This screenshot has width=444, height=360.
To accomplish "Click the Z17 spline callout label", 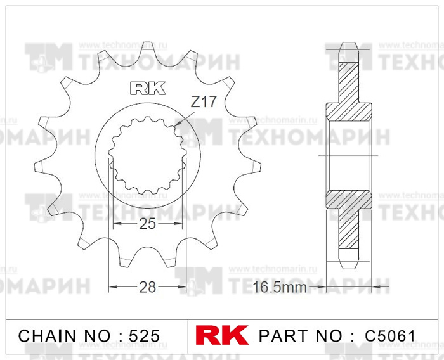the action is (204, 102).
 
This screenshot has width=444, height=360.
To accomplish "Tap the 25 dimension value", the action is (148, 224).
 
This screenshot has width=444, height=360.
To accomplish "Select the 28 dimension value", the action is (148, 287).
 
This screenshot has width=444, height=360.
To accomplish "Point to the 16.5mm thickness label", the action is (279, 287).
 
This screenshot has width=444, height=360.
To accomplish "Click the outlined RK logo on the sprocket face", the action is (148, 88).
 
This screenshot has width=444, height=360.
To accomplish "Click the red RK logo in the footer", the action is (222, 335).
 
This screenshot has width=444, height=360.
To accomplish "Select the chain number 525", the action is (145, 336).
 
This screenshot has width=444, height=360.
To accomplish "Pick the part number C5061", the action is (390, 336).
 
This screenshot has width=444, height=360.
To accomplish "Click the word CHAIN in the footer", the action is (48, 336).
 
